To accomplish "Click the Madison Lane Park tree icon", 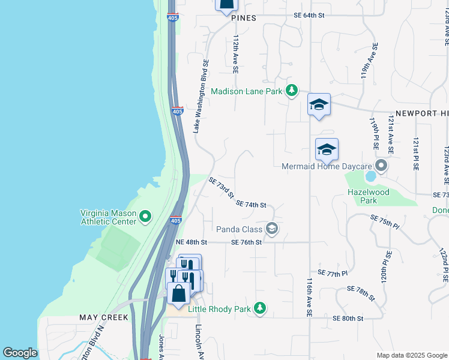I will (x=291, y=91).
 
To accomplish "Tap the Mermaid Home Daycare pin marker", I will (x=380, y=165).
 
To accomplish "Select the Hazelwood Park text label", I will (x=369, y=197).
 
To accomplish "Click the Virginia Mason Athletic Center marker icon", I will (x=145, y=216).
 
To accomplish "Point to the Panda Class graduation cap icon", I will (x=272, y=229).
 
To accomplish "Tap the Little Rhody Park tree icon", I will (x=259, y=308).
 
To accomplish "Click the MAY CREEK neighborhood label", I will (x=104, y=317).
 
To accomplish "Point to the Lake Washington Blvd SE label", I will (x=200, y=95).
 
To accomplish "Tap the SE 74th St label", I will (x=251, y=205).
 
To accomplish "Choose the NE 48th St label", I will (x=191, y=242).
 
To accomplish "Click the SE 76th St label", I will (x=247, y=242).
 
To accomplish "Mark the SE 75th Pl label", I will (x=384, y=221).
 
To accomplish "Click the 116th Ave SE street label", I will (x=309, y=296).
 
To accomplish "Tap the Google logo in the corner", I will (x=20, y=352).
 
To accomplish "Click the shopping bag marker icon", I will (x=179, y=293).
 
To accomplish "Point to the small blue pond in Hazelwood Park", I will (x=370, y=176).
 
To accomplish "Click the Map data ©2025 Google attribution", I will (x=411, y=355).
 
